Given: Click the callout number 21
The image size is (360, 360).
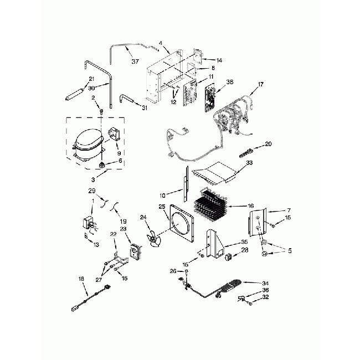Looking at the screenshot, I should [91, 79].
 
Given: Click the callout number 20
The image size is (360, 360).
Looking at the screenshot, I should [268, 144].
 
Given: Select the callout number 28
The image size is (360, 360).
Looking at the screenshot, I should [245, 251].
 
